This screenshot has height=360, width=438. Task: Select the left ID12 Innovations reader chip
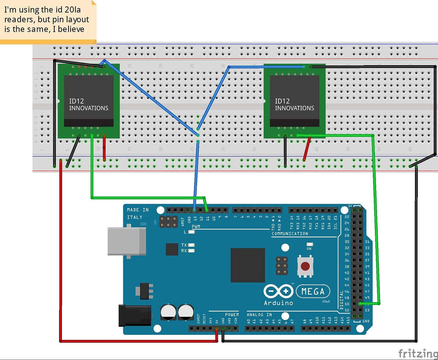click(89, 101)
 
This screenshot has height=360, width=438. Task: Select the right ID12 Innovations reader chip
click(294, 101)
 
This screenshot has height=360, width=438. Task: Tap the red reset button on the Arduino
click(305, 266)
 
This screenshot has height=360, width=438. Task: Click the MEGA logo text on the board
click(313, 291)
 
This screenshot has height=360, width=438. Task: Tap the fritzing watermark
click(417, 354)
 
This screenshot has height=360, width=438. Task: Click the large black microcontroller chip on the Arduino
click(247, 265)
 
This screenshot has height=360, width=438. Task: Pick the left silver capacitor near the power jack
click(168, 312)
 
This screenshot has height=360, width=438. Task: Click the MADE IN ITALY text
click(137, 213)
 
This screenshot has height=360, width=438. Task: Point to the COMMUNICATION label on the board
click(290, 234)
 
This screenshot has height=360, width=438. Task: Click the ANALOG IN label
click(259, 315)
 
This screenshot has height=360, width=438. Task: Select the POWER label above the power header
click(232, 315)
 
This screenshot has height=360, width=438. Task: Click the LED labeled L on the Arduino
click(192, 232)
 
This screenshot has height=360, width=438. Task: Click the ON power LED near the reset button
click(309, 244)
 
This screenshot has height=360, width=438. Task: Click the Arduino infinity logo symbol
click(278, 291)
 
